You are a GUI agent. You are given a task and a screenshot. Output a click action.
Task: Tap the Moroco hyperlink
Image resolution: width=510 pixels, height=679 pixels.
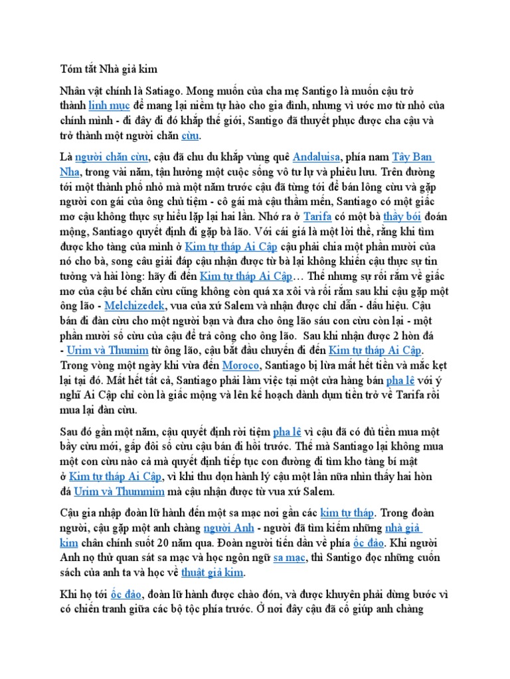(240, 365)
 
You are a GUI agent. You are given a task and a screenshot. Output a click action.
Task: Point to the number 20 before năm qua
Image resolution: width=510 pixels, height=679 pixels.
(193, 542)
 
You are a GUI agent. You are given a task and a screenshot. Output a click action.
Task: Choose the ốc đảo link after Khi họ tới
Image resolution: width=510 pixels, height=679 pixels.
(126, 593)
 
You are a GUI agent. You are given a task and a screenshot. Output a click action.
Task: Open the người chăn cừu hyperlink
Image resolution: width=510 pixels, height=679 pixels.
(102, 157)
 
